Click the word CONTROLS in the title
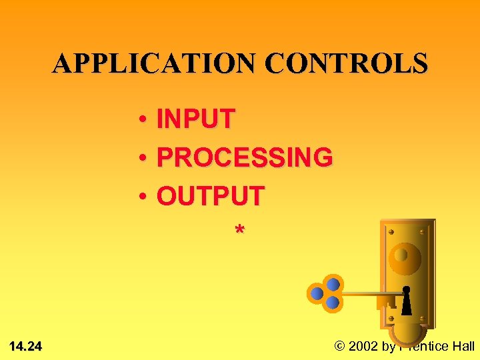point(346,63)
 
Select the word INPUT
point(195,119)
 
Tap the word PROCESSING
point(245,158)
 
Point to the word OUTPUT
point(211,197)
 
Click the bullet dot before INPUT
point(143,121)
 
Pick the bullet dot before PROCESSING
point(143,159)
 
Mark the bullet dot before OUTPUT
point(143,198)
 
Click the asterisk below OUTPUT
point(239,230)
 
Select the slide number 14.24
point(26,346)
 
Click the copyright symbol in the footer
point(340,346)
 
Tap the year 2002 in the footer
point(365,346)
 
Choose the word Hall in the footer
point(463,346)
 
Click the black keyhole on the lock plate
point(406,301)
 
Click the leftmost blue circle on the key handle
point(317,293)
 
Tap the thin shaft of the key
point(370,292)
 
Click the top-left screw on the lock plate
point(391,232)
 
